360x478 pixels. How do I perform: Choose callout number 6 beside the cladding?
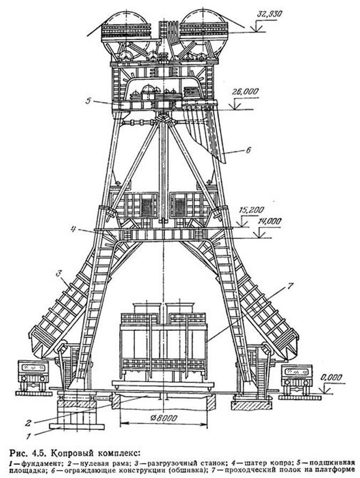coord(248,151)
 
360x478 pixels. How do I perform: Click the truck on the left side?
coord(33,377)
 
